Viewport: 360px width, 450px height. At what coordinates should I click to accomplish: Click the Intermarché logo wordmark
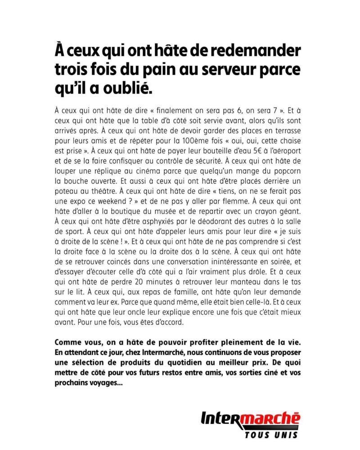tap(250, 420)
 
